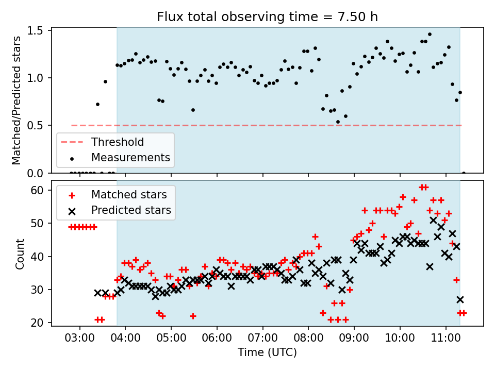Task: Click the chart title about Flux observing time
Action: point(267,16)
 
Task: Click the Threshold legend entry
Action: point(102,142)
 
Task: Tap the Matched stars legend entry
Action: point(118,195)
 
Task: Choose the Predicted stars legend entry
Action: point(120,210)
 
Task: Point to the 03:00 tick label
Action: point(79,338)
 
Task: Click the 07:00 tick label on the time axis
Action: point(262,338)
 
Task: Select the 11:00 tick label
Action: point(445,338)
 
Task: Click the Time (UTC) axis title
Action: point(268,352)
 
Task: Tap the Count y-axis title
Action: point(20,254)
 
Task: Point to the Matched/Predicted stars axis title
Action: point(16,100)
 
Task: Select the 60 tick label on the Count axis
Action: point(37,190)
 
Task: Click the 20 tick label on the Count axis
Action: point(37,323)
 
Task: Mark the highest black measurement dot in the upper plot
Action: point(430,35)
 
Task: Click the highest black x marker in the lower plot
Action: point(433,220)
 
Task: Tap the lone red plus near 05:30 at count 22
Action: point(193,316)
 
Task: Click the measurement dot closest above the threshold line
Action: point(338,122)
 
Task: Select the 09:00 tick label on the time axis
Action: point(354,338)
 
